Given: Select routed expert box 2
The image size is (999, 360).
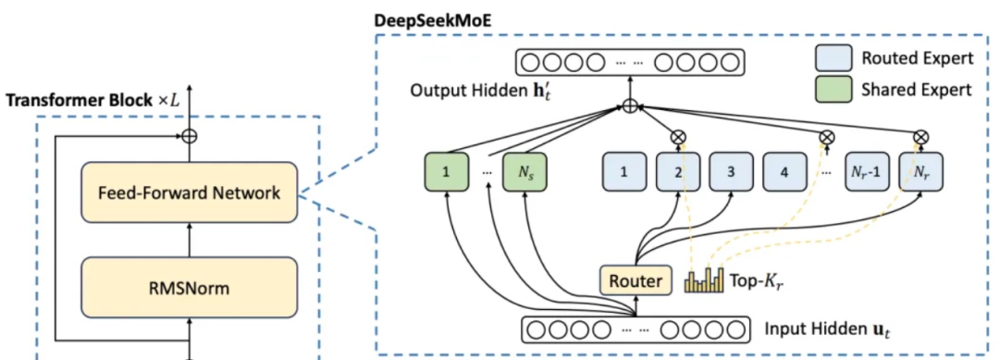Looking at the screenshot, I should tap(679, 170).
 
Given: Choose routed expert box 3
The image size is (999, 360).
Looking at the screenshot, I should tap(732, 170).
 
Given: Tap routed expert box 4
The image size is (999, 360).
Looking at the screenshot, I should tap(785, 170).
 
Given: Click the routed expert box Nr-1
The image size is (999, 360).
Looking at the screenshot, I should tap(867, 170).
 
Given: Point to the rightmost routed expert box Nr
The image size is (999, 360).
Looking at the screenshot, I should tap(920, 170).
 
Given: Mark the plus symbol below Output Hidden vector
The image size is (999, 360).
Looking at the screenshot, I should tap(629, 106).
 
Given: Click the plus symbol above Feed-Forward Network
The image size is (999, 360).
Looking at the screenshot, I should tap(189, 135).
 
